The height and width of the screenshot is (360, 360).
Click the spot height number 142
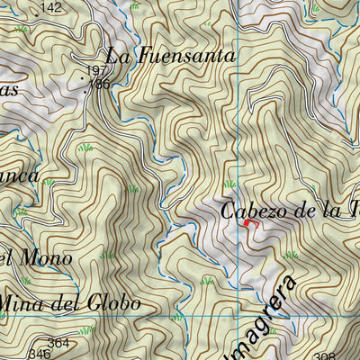click(x=52, y=7)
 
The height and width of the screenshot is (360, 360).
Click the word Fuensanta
click(x=187, y=56)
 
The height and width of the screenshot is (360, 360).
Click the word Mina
click(x=22, y=303)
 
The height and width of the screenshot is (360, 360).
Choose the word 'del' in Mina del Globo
click(x=65, y=303)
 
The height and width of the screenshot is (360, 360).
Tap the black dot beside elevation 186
click(x=86, y=88)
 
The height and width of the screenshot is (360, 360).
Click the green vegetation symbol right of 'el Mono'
click(x=107, y=256)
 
